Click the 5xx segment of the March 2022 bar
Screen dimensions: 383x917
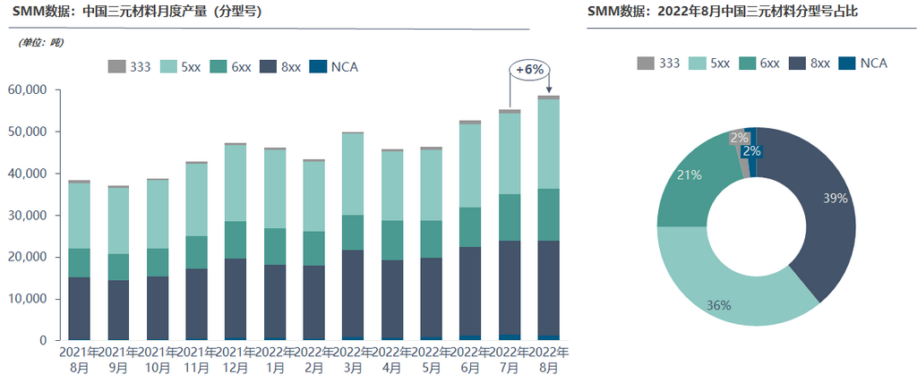(352, 174)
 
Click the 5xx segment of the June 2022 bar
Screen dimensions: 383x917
(470, 165)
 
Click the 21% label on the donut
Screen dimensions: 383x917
(690, 175)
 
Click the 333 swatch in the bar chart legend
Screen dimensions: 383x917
(116, 67)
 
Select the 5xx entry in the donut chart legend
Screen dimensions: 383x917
(709, 63)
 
